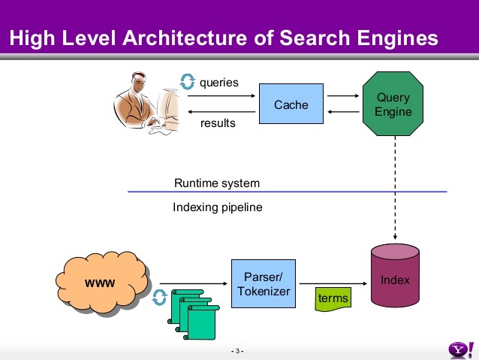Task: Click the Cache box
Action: point(291,104)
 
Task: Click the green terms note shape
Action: point(333,298)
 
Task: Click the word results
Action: point(218,123)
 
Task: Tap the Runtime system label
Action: point(217,183)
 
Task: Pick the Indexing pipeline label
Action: point(218,207)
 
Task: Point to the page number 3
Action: point(237,352)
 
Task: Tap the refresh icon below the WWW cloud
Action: point(159,298)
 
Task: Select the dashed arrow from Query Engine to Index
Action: point(395,188)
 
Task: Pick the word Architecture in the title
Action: point(195,37)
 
